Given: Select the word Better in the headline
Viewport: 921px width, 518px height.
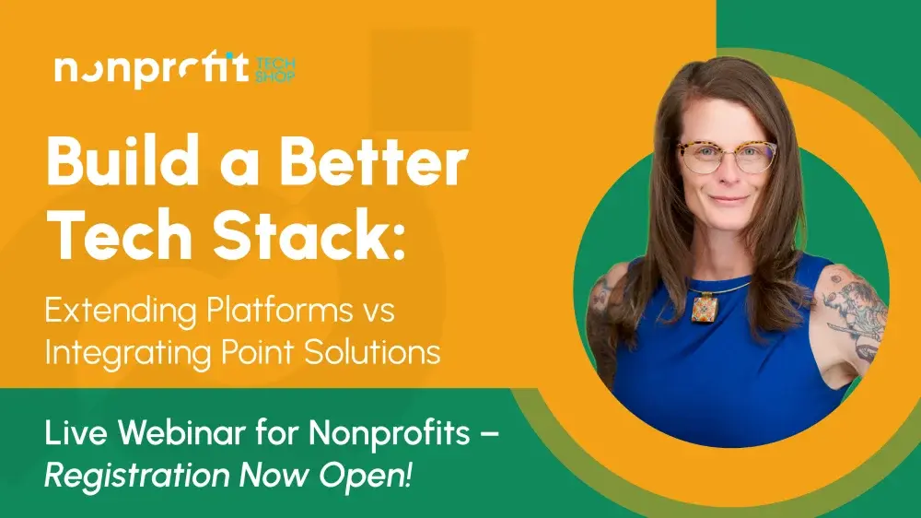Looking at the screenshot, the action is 374,160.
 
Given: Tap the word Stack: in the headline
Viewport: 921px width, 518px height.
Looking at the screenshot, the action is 309,234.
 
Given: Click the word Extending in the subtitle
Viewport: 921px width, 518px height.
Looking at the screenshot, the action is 121,312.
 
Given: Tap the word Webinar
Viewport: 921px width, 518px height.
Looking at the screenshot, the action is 181,433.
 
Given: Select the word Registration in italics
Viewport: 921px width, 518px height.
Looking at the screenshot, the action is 136,476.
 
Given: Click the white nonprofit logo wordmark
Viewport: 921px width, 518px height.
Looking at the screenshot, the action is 152,69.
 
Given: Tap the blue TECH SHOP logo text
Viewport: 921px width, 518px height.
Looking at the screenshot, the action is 274,69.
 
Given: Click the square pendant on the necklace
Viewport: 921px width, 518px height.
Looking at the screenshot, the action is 704,308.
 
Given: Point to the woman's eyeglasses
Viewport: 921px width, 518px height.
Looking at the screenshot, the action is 728,156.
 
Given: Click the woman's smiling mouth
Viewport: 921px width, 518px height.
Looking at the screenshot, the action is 729,199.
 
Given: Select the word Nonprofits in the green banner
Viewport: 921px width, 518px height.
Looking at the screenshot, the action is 390,433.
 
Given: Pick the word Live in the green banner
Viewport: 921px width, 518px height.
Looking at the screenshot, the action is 76,433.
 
